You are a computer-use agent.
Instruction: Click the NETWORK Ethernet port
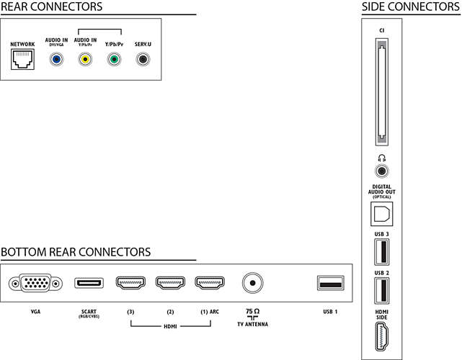coord(22,59)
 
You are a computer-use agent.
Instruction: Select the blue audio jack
coord(56,60)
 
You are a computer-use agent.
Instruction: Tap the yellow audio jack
coord(85,60)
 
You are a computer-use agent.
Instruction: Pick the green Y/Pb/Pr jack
coord(114,60)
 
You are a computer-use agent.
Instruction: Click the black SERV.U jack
coord(143,60)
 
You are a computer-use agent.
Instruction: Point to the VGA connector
coord(35,283)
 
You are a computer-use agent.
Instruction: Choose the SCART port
coord(89,283)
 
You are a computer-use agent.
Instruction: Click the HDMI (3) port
coord(130,282)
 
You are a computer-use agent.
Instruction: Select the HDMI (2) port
coord(170,282)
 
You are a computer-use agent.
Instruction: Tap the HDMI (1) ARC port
coord(210,282)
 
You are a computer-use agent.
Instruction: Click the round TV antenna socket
coord(252,283)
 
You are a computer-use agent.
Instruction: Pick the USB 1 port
coord(331,283)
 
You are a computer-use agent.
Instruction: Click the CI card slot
coord(382,92)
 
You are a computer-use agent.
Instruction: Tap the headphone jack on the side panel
coord(382,171)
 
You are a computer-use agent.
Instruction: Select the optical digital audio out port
coord(382,214)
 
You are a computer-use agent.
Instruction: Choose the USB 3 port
coord(382,252)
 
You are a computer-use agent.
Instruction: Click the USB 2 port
coord(382,291)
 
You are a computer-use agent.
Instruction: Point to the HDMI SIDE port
coord(382,336)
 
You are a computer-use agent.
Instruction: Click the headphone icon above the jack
coord(382,158)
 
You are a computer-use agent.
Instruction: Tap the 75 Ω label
coord(252,312)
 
